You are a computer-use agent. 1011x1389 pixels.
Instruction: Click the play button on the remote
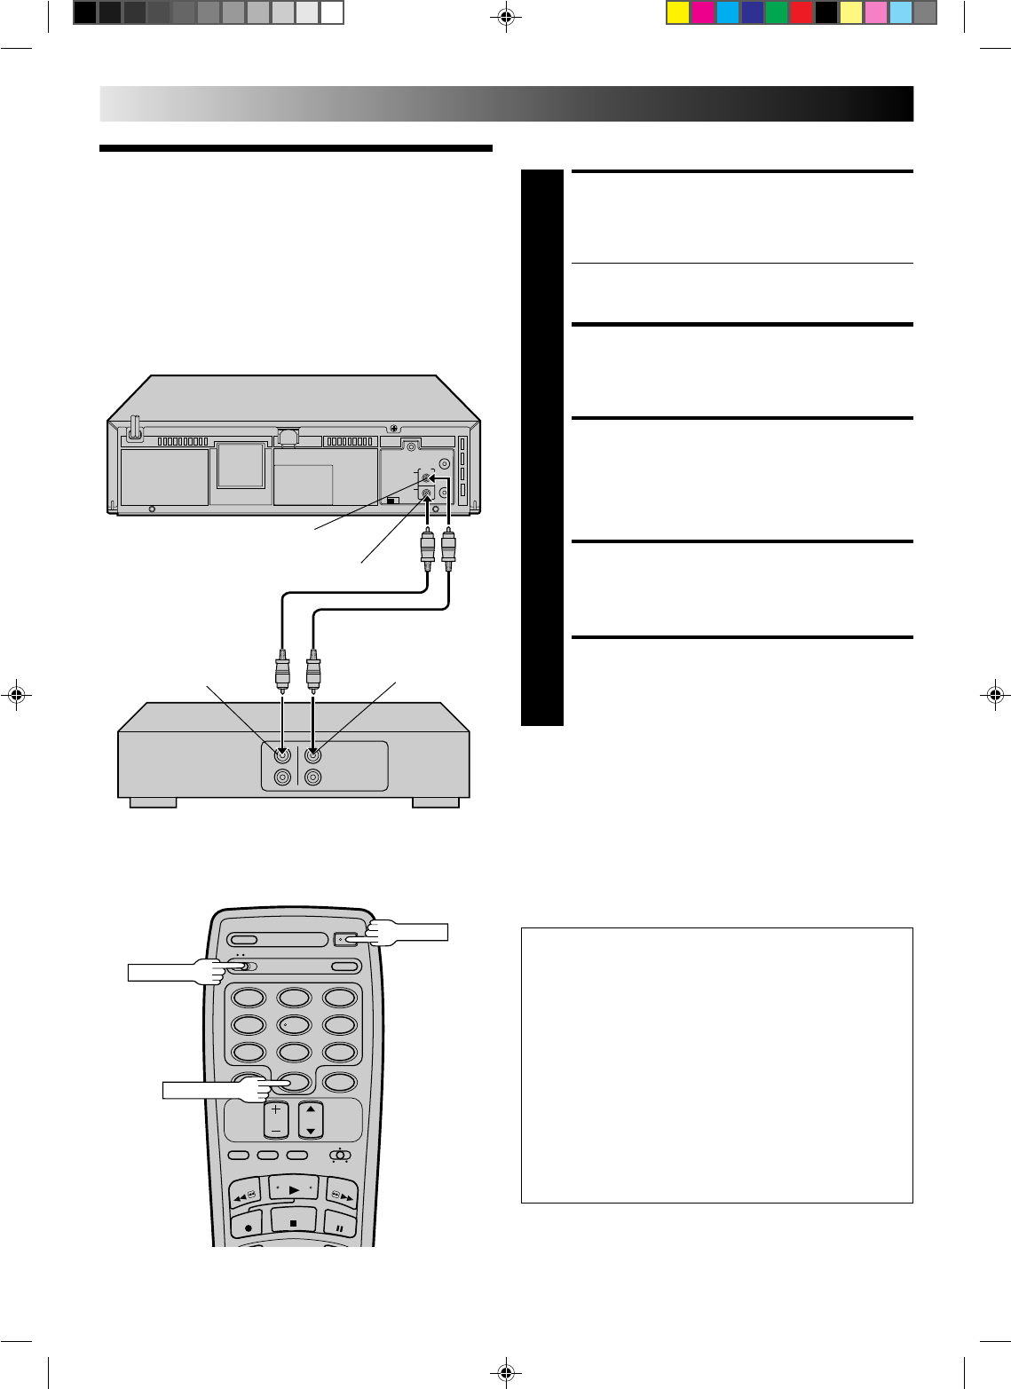293,1190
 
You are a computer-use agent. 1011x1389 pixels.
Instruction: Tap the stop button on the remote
293,1223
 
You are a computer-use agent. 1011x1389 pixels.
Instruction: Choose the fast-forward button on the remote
342,1194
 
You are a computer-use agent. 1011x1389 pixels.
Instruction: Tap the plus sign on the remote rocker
275,1109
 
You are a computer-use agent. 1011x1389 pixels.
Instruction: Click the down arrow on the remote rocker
311,1132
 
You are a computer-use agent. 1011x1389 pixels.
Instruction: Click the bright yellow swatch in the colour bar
678,12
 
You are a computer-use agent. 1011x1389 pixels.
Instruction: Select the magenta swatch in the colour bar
703,12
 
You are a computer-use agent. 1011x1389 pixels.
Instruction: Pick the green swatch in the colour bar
777,12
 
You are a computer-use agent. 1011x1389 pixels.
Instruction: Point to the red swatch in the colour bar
802,12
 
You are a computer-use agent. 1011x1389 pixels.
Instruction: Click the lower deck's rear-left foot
153,802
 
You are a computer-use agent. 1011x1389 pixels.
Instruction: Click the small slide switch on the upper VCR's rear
393,500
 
